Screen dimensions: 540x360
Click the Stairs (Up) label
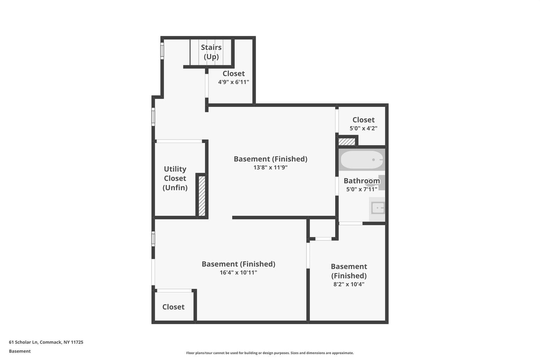[x=211, y=52]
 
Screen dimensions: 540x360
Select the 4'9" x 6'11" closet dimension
[x=233, y=82]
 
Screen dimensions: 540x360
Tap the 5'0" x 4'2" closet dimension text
[x=363, y=128]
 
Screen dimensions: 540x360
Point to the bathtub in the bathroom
[x=361, y=159]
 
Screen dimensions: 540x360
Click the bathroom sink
[x=378, y=208]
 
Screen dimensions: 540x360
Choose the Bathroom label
[x=361, y=181]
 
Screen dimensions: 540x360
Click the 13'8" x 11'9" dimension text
[x=270, y=167]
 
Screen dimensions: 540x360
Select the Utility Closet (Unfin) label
[x=175, y=178]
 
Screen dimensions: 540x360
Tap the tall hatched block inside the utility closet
[x=202, y=196]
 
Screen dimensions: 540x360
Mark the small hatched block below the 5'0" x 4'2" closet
[x=347, y=141]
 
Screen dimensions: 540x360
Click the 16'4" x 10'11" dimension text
[x=238, y=273]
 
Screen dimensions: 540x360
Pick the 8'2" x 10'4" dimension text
[x=348, y=284]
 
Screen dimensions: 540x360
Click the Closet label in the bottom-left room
[x=173, y=307]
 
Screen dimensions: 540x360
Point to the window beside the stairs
[x=162, y=51]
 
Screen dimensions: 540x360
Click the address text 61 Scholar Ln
[x=23, y=342]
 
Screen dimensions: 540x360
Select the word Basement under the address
[x=20, y=351]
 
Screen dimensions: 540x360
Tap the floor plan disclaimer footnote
[x=270, y=353]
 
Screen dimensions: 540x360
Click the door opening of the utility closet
[x=179, y=141]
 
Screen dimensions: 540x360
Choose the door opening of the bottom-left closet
[x=174, y=291]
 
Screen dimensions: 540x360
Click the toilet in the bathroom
[x=377, y=183]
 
